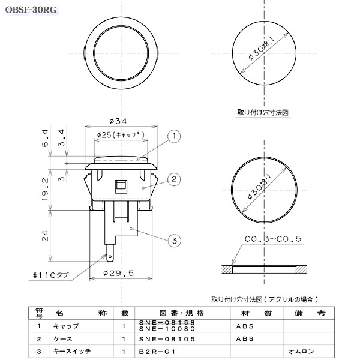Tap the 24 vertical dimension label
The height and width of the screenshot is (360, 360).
(x=45, y=235)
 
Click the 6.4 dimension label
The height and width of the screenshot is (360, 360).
(x=45, y=139)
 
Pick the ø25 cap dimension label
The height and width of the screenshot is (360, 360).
(x=120, y=136)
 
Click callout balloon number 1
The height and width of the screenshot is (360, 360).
(x=173, y=137)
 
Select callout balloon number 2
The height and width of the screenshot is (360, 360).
(x=173, y=179)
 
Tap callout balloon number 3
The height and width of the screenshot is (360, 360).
(x=173, y=241)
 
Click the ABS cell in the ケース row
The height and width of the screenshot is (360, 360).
(x=245, y=338)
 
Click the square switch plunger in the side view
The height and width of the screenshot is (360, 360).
(x=121, y=185)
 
